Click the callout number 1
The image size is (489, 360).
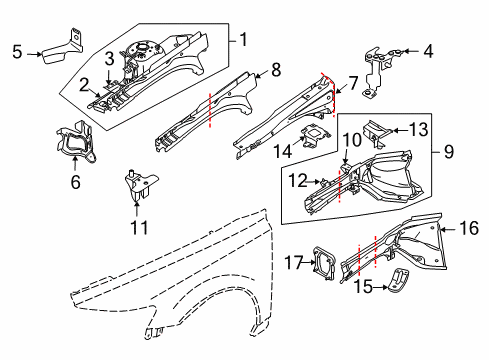click(x=242, y=41)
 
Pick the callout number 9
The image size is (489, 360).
click(x=447, y=153)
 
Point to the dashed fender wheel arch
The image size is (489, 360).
click(x=190, y=300)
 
